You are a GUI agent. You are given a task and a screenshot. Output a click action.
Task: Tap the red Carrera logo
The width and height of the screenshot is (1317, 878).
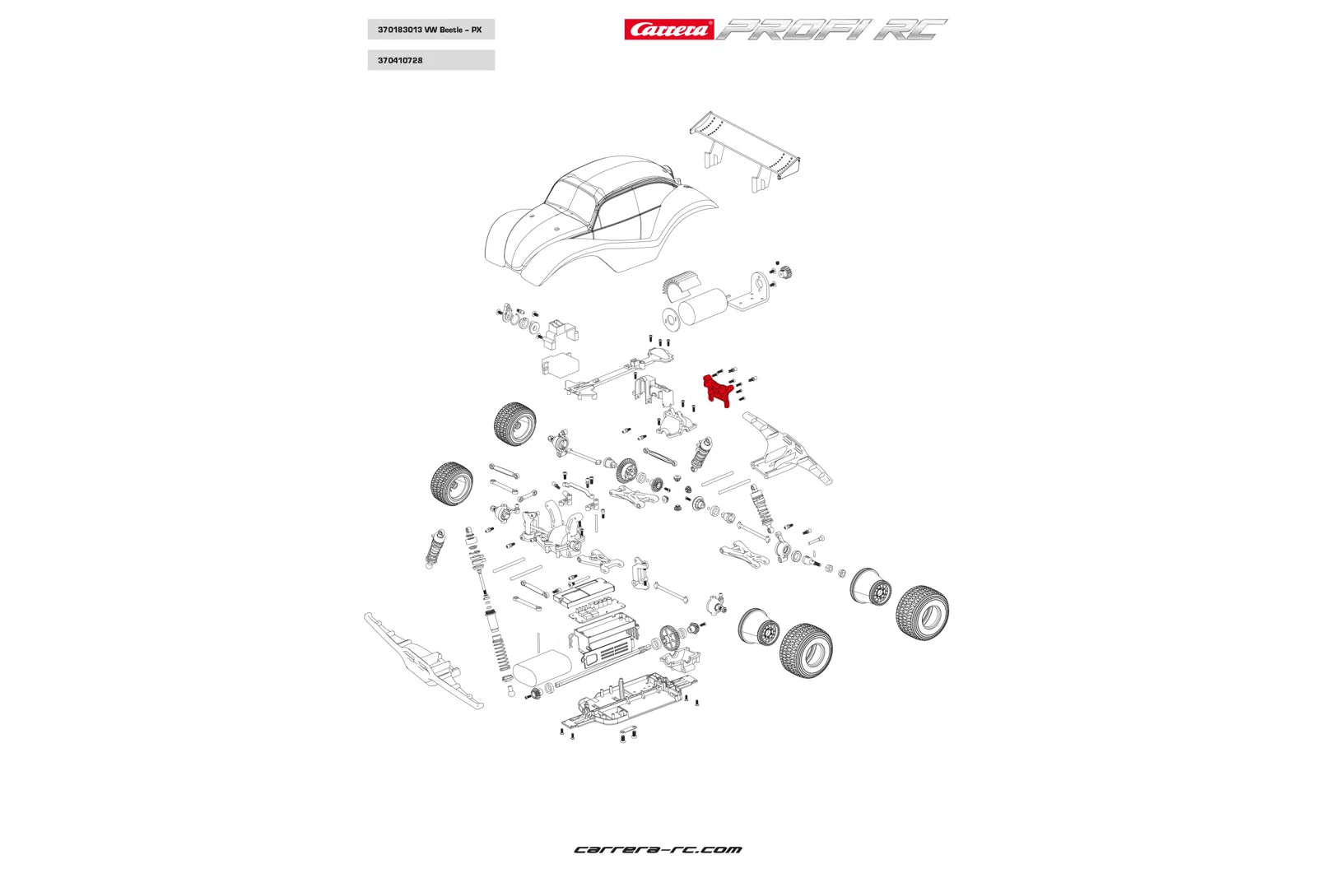pyautogui.click(x=668, y=30)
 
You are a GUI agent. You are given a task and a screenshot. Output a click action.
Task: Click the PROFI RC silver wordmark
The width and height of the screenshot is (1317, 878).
pyautogui.click(x=831, y=30)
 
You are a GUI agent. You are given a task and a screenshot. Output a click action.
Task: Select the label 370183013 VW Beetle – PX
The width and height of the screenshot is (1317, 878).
pyautogui.click(x=430, y=30)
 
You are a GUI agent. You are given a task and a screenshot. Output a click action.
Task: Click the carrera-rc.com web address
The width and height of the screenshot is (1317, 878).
pyautogui.click(x=658, y=849)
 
